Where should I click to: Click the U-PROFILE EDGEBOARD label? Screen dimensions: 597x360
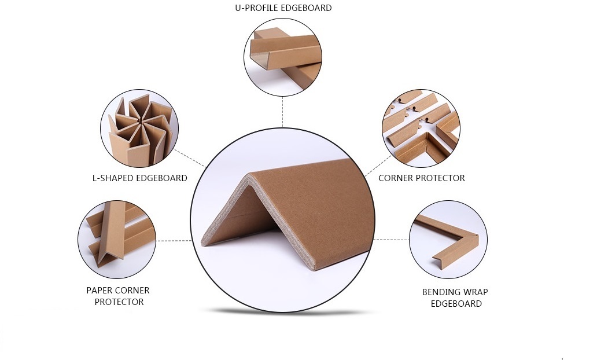pos(283,8)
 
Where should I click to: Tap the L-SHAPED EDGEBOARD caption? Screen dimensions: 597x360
pos(140,178)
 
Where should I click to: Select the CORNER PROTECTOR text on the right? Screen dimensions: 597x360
pos(422,178)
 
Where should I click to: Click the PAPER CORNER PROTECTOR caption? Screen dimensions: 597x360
pos(119,296)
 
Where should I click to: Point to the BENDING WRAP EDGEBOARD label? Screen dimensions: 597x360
pos(455,297)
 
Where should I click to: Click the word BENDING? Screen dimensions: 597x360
pos(440,292)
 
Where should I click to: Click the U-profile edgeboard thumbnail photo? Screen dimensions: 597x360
pos(283,57)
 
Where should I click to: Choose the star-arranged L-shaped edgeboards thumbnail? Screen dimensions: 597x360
pos(139,128)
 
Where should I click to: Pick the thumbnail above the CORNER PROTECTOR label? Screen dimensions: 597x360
pos(421,128)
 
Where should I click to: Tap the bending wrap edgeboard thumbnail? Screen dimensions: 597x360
pos(448,240)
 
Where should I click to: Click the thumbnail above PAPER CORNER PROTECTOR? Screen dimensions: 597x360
pos(117,240)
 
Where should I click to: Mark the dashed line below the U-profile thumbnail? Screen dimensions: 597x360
pos(282,112)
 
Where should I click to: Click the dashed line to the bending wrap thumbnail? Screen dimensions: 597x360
pos(392,240)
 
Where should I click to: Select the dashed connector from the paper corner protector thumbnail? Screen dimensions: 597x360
pos(174,241)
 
